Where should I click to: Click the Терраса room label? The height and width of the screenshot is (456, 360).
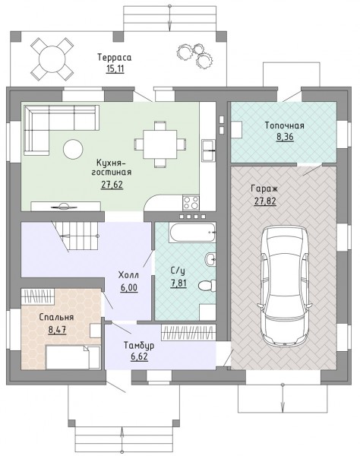(x=114, y=57)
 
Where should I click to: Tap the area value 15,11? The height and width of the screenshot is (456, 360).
(x=115, y=69)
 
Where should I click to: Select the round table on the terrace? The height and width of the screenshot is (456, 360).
(x=52, y=59)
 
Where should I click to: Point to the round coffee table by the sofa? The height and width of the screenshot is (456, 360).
(x=73, y=149)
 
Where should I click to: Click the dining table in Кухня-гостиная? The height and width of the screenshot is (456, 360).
(x=160, y=144)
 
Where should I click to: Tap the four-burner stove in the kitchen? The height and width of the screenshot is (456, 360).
(x=191, y=202)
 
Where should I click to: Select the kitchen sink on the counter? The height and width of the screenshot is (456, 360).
(x=209, y=150)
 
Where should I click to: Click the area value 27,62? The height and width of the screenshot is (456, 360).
(x=112, y=185)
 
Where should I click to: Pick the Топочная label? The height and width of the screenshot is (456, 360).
(x=285, y=125)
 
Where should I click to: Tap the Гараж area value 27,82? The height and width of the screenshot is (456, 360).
(x=265, y=201)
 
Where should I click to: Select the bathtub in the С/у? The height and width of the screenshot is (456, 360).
(x=193, y=232)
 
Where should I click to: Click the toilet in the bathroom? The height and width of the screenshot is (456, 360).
(x=207, y=285)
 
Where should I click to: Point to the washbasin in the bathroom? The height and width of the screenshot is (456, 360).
(x=210, y=259)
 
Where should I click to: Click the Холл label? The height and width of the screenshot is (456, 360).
(x=128, y=275)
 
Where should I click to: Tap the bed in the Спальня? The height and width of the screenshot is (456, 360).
(x=73, y=357)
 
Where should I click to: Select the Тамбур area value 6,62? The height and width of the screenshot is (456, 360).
(x=140, y=357)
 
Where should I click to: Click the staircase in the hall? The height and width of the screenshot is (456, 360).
(x=76, y=236)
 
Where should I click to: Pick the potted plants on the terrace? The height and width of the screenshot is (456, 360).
(x=194, y=55)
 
